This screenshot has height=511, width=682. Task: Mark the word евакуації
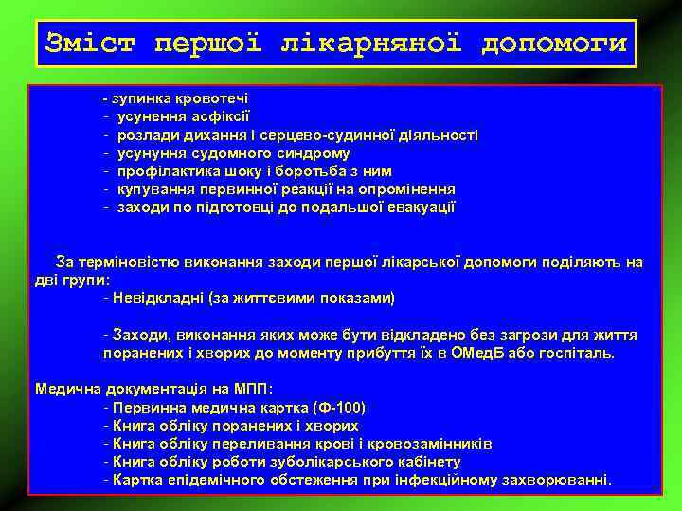pos(422,207)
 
